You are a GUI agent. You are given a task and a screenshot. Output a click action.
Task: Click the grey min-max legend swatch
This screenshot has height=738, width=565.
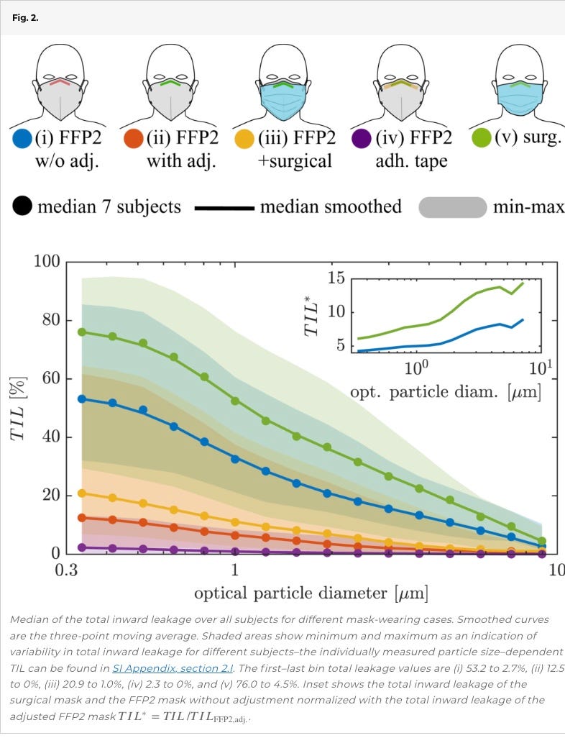(453, 207)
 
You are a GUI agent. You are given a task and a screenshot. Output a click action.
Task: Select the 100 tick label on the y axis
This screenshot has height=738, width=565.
(46, 261)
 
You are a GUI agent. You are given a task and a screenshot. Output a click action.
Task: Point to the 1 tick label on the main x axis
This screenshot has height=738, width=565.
(234, 570)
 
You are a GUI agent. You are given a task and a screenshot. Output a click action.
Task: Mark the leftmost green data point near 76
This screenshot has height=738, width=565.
(81, 332)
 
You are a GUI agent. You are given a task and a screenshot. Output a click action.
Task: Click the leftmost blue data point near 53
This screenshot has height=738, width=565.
(81, 398)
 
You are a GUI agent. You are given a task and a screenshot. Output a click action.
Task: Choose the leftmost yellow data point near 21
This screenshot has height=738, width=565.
(81, 493)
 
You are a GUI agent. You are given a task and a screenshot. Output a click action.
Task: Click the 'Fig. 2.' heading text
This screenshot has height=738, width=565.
(26, 17)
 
